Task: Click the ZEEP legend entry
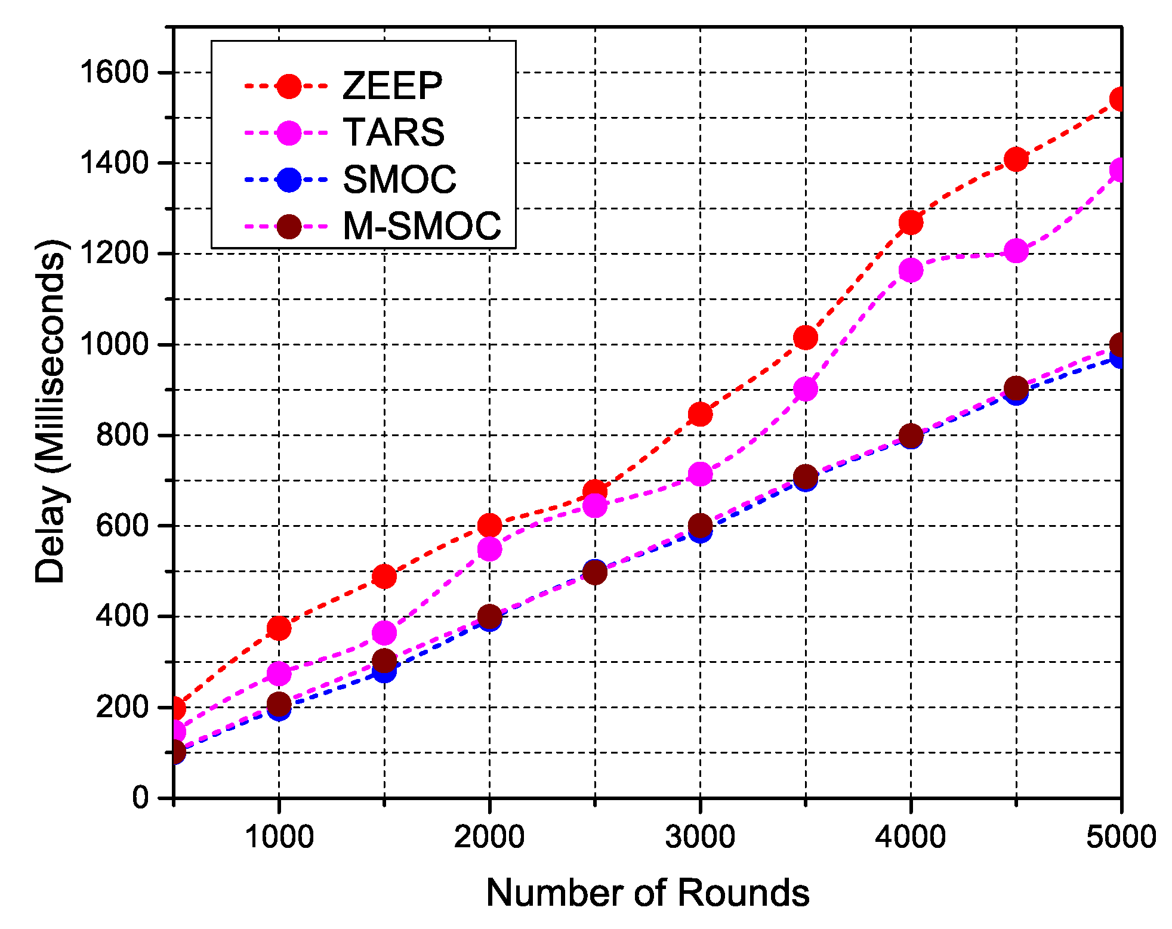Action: coord(392,86)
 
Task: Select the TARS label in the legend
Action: coord(393,132)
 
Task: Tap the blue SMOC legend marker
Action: coord(289,180)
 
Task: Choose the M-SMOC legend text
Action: coord(421,226)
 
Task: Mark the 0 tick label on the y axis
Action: coord(141,797)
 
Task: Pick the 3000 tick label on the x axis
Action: coord(700,837)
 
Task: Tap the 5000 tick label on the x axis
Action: coord(1121,837)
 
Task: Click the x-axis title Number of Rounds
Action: coord(647,893)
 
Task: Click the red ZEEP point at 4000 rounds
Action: coord(911,223)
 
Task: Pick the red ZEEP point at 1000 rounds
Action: coord(279,628)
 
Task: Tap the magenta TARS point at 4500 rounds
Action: coord(1016,251)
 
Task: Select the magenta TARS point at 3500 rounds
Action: coord(806,389)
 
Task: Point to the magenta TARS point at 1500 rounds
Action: coord(384,632)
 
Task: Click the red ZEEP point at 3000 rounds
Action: coord(700,414)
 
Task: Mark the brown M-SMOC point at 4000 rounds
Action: coord(911,436)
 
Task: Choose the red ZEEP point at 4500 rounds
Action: coord(1016,159)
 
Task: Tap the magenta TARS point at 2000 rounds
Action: coord(489,549)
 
